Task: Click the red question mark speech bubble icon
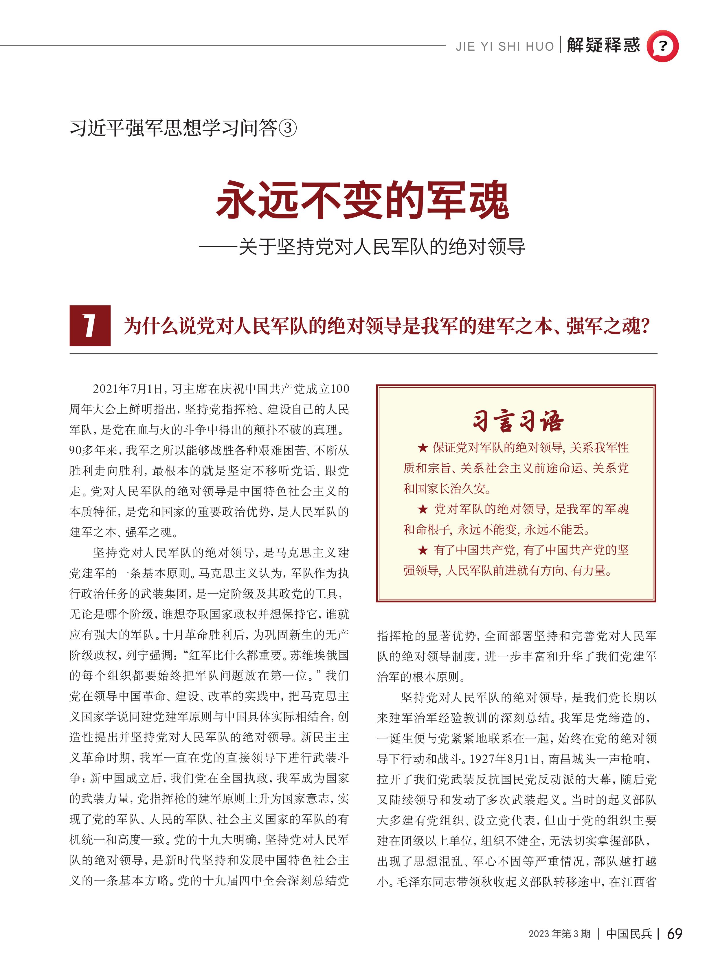pyautogui.click(x=662, y=46)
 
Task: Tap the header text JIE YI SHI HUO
pyautogui.click(x=505, y=47)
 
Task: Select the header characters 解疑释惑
pyautogui.click(x=603, y=45)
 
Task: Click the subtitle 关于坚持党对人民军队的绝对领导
pyautogui.click(x=382, y=247)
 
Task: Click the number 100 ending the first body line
pyautogui.click(x=340, y=389)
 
